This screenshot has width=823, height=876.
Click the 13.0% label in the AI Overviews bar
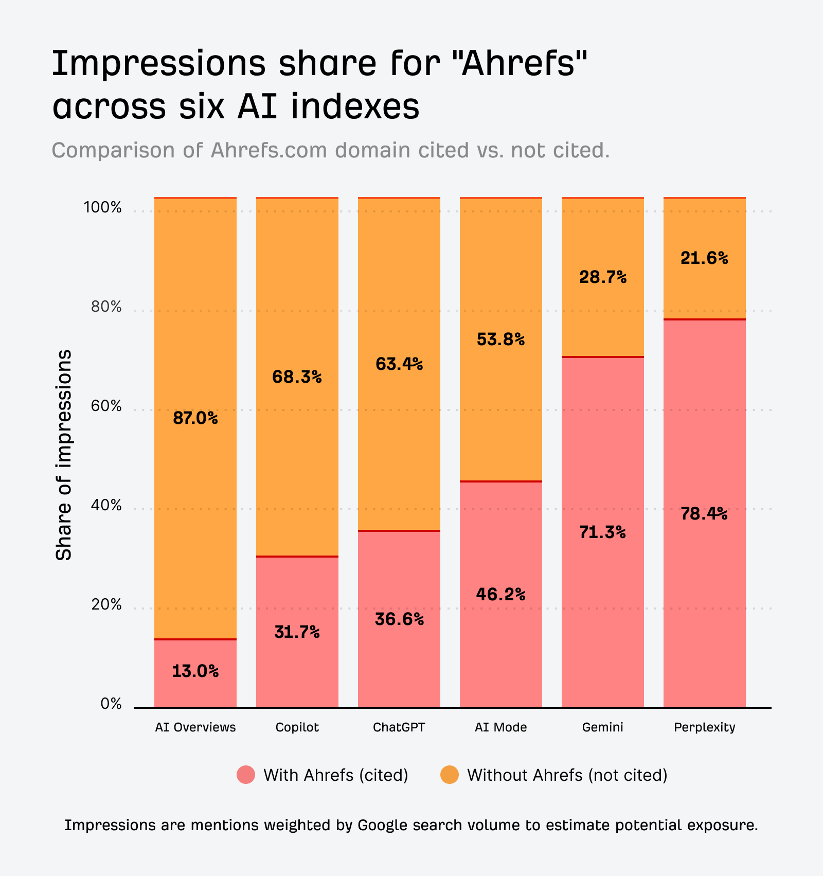point(195,671)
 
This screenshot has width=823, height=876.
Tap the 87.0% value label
point(195,418)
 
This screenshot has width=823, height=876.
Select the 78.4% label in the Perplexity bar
point(704,514)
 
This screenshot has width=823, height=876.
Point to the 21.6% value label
point(704,258)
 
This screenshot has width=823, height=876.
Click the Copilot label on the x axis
point(297,727)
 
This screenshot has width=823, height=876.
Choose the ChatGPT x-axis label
point(399,727)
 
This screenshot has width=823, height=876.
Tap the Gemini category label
point(602,727)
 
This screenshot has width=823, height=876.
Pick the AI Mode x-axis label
point(501,727)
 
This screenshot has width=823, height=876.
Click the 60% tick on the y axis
point(106,406)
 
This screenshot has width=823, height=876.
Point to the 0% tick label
point(111,704)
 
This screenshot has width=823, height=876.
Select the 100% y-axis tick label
point(103,208)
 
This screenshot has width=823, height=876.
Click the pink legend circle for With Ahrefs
point(246,775)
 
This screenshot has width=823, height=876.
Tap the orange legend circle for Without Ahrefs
point(450,775)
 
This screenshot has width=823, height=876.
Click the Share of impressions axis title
point(64,455)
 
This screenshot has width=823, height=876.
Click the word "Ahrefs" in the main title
point(519,63)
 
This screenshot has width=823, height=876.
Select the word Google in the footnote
point(383,825)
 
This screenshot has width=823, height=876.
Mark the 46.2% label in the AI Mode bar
point(500,595)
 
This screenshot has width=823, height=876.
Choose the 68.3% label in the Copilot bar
point(297,377)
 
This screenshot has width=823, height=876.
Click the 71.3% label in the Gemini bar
point(602,532)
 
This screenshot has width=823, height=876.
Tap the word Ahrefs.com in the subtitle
point(269,150)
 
